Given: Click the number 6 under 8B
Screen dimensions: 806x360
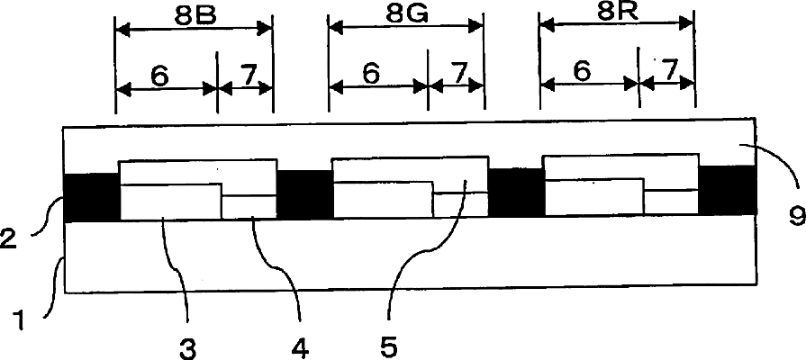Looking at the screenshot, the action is pos(159,76).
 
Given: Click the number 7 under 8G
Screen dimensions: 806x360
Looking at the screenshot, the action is pos(458,75).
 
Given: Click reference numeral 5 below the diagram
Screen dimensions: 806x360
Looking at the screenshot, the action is pos(390,345).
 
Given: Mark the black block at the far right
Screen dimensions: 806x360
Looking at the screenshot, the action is pos(727,192).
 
